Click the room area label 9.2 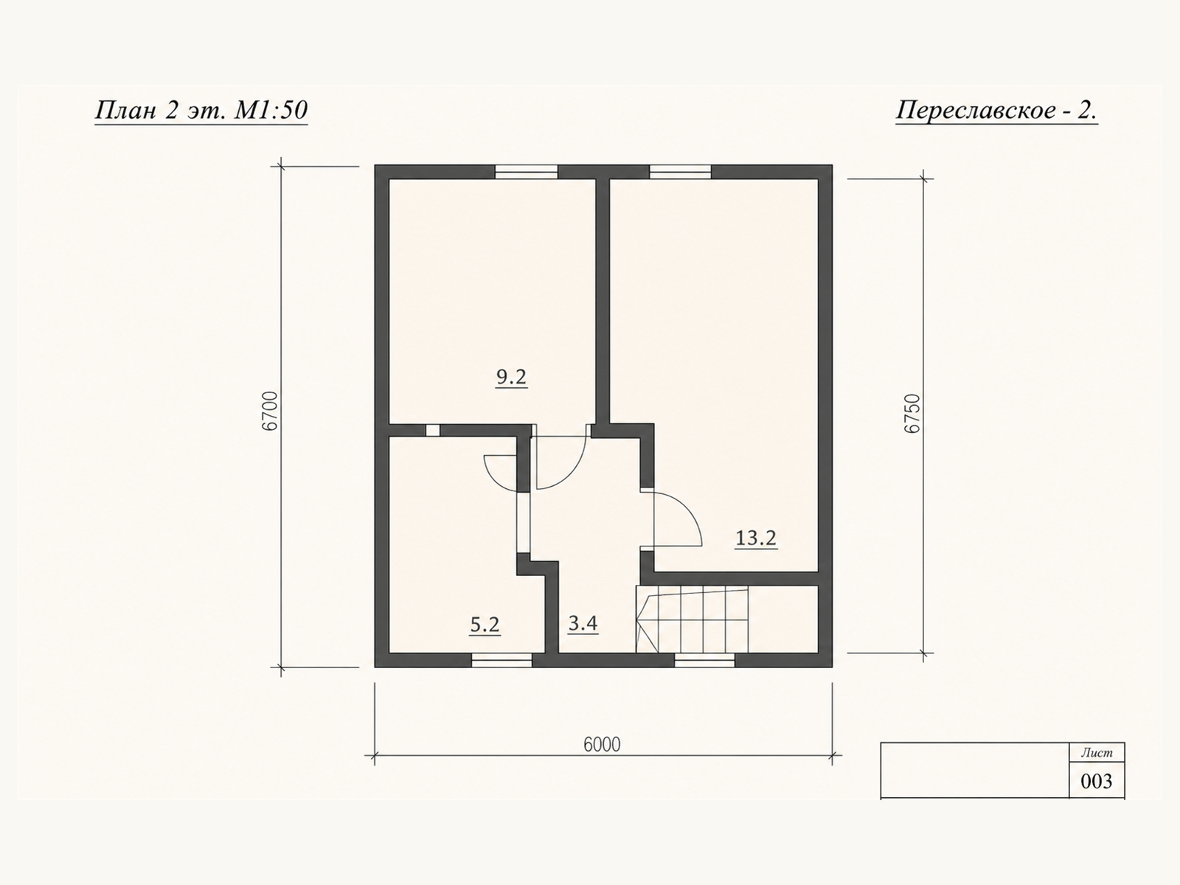[x=511, y=378]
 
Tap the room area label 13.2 [x=756, y=538]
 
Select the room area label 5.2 [x=485, y=625]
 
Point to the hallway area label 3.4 [x=583, y=623]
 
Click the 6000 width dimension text [x=602, y=745]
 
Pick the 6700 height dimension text [x=271, y=411]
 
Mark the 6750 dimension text [x=912, y=414]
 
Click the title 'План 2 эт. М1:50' [x=201, y=110]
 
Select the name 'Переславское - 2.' [x=996, y=110]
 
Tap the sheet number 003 [x=1096, y=781]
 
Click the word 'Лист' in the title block [x=1097, y=753]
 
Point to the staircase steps [x=693, y=619]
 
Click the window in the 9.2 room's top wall [x=527, y=171]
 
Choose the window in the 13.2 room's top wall [x=681, y=171]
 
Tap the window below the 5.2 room [x=502, y=660]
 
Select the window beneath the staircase [x=705, y=660]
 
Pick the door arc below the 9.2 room [x=572, y=473]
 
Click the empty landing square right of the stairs [x=783, y=619]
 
